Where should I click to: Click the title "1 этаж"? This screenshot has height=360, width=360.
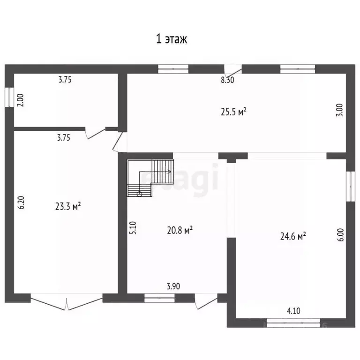click(x=172, y=39)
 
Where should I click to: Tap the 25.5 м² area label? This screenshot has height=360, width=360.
click(x=234, y=112)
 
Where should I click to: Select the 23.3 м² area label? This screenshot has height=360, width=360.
click(x=68, y=206)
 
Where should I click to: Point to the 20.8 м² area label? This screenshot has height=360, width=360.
click(x=180, y=230)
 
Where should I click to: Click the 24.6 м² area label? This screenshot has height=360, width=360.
click(x=293, y=236)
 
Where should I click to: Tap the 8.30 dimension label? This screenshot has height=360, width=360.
click(x=227, y=80)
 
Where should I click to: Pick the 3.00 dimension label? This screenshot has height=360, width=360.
click(x=339, y=110)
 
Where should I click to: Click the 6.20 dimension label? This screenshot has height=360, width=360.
click(x=21, y=202)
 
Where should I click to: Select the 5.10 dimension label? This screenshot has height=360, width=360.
click(x=133, y=228)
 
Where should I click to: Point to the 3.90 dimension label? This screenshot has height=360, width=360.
click(x=173, y=286)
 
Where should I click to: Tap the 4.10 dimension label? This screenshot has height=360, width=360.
click(x=293, y=311)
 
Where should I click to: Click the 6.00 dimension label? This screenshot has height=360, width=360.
click(x=341, y=235)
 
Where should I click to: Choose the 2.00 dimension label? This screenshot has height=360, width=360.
click(x=21, y=101)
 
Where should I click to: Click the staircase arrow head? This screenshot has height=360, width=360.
click(x=170, y=172)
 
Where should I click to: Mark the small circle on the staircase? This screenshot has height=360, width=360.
click(x=139, y=194)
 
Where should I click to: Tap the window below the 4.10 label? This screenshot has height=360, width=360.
click(x=293, y=323)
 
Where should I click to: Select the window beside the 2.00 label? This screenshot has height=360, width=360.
click(x=9, y=97)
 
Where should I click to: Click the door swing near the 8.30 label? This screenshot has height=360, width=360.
click(x=233, y=71)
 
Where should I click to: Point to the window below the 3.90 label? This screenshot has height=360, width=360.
click(x=159, y=298)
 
